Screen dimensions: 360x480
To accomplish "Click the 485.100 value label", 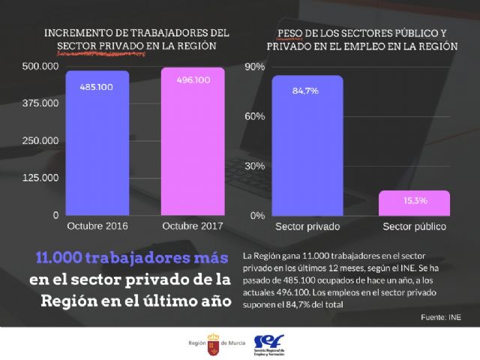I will pos(97,87).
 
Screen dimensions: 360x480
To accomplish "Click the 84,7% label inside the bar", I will pos(307,91).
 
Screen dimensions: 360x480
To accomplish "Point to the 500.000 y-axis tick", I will pos(40,67).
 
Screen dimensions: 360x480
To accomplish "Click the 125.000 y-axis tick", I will pos(40,178).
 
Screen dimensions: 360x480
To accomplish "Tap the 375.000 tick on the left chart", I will pos(40,103).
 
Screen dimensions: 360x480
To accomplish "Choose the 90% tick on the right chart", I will pos(256,67).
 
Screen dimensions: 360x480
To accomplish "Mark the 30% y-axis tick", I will pos(256,166).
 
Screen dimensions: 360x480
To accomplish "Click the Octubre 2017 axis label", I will pos(193,226).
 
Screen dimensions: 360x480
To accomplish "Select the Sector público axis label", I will pos(414,226).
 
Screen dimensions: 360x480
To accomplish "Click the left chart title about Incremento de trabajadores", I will pos(136,39).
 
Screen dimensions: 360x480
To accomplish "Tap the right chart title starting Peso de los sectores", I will pos(362,39).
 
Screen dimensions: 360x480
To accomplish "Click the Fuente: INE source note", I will pos(440,317).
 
